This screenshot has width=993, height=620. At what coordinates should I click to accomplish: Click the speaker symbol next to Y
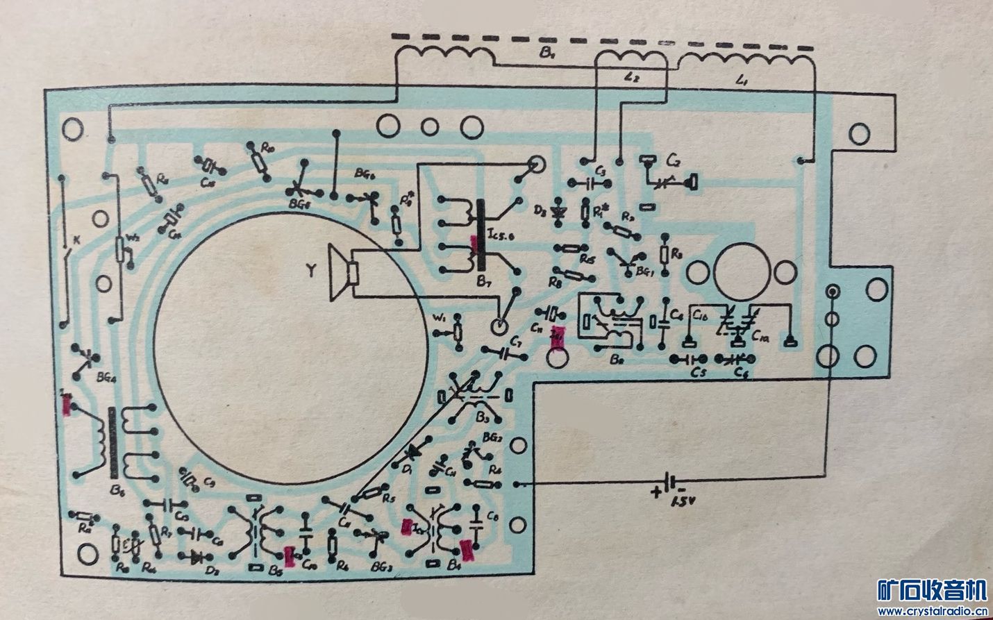pos(343,274)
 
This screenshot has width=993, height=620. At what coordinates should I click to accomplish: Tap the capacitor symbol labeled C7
pos(512,353)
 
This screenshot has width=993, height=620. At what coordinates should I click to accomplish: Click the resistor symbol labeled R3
pos(665,255)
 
